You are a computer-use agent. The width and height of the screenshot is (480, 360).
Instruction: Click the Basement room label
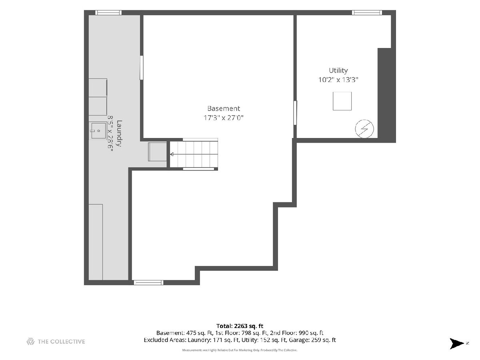point(223,108)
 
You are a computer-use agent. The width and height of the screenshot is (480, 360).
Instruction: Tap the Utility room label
point(338,70)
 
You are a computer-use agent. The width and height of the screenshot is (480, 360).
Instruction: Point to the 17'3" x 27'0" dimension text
point(223,118)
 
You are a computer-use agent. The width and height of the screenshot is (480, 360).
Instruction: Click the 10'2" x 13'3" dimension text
point(338,80)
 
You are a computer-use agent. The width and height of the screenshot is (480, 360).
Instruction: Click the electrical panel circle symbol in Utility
point(364,129)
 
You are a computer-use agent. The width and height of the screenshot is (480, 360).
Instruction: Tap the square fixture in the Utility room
point(342,101)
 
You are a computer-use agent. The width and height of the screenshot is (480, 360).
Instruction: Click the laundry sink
point(98,131)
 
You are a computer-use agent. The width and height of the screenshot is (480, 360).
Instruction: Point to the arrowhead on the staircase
point(172,154)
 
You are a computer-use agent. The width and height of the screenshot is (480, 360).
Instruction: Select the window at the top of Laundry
point(108,13)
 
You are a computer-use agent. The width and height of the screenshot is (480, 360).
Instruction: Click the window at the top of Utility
point(367,13)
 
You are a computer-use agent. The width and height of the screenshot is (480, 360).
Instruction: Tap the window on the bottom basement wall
point(148,282)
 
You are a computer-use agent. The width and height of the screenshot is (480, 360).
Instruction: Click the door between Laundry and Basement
point(142,68)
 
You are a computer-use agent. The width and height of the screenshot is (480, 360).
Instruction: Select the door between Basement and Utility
point(295,113)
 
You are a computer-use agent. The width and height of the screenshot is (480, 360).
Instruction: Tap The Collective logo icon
point(30,342)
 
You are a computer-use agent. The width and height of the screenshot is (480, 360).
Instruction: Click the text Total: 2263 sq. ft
point(240,326)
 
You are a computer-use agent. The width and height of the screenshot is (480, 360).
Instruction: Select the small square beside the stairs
point(158,152)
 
